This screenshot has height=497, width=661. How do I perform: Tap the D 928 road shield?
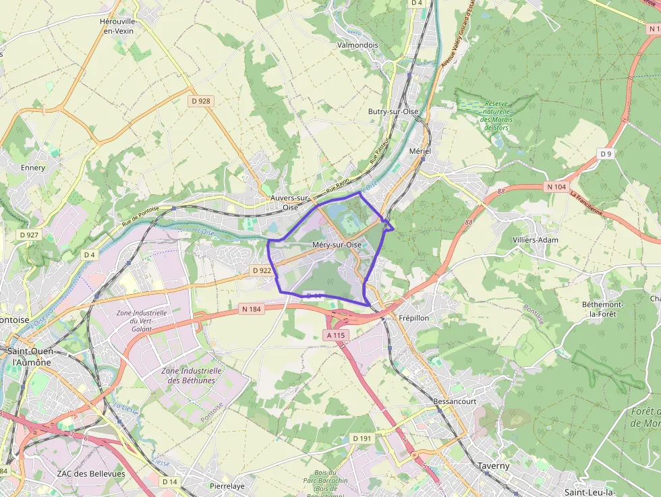pyautogui.click(x=200, y=100)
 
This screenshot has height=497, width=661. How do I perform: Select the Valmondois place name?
pyautogui.click(x=357, y=45)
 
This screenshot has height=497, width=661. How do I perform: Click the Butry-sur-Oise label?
pyautogui.click(x=393, y=111)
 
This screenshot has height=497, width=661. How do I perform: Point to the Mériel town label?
pyautogui.click(x=420, y=151)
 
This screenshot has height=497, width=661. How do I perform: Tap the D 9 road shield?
pyautogui.click(x=606, y=154)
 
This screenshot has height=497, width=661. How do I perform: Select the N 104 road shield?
pyautogui.click(x=557, y=187)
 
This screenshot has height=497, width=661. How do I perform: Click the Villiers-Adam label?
pyautogui.click(x=535, y=239)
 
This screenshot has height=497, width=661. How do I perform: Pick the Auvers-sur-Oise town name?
pyautogui.click(x=290, y=202)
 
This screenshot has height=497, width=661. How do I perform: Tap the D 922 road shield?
pyautogui.click(x=261, y=270)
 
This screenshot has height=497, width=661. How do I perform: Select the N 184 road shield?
pyautogui.click(x=250, y=309)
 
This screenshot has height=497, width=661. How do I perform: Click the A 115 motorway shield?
pyautogui.click(x=335, y=335)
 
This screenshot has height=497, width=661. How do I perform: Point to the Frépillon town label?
pyautogui.click(x=413, y=318)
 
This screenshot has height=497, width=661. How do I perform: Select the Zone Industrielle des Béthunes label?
pyautogui.click(x=192, y=376)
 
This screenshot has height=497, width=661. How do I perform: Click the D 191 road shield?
pyautogui.click(x=362, y=438)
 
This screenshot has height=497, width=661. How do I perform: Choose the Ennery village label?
pyautogui.click(x=33, y=167)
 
